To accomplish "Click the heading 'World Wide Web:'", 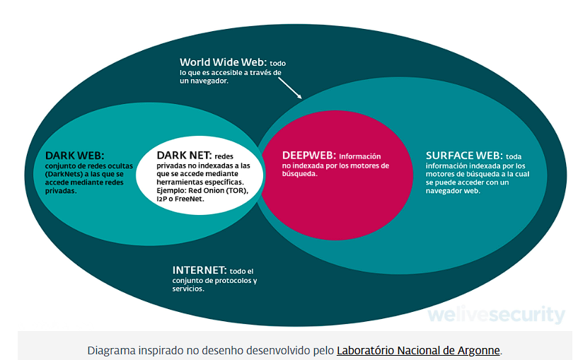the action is (x=223, y=62).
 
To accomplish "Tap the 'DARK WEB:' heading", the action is (x=74, y=156).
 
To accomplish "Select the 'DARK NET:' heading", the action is (x=184, y=155).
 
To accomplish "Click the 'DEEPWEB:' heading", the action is (x=309, y=155).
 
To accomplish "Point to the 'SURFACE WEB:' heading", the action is (x=464, y=156).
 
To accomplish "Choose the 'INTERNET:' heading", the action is (x=200, y=270).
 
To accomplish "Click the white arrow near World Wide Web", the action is (x=290, y=88).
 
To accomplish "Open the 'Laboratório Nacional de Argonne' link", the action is (x=418, y=350).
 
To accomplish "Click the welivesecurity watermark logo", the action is (x=496, y=314).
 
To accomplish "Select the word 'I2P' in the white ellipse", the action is (x=161, y=199).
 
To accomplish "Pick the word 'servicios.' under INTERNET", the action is (x=188, y=289).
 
